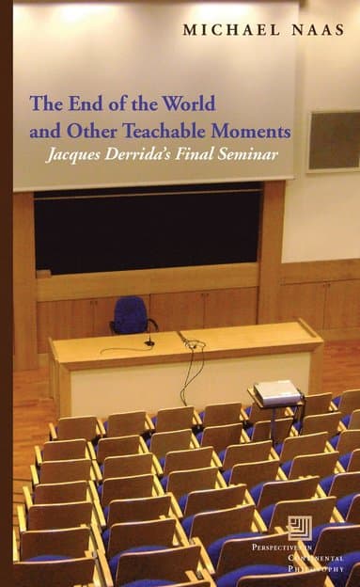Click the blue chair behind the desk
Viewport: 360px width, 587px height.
131,314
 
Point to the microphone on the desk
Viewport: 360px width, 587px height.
149,339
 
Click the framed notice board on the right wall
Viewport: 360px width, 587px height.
333,141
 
